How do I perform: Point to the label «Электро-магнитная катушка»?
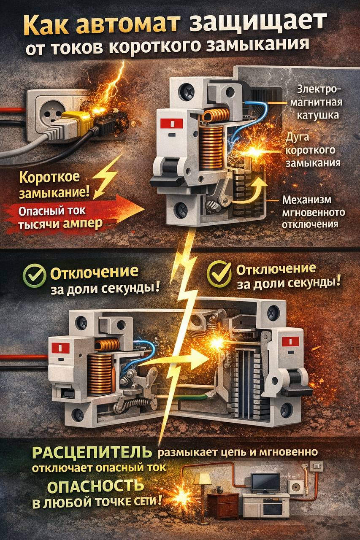pyautogui.click(x=316, y=103)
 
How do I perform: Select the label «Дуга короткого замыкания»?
pyautogui.click(x=313, y=150)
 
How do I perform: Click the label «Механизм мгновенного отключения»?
pyautogui.click(x=313, y=212)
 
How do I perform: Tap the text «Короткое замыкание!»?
pyautogui.click(x=54, y=184)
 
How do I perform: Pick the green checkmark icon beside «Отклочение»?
pyautogui.click(x=34, y=275)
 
